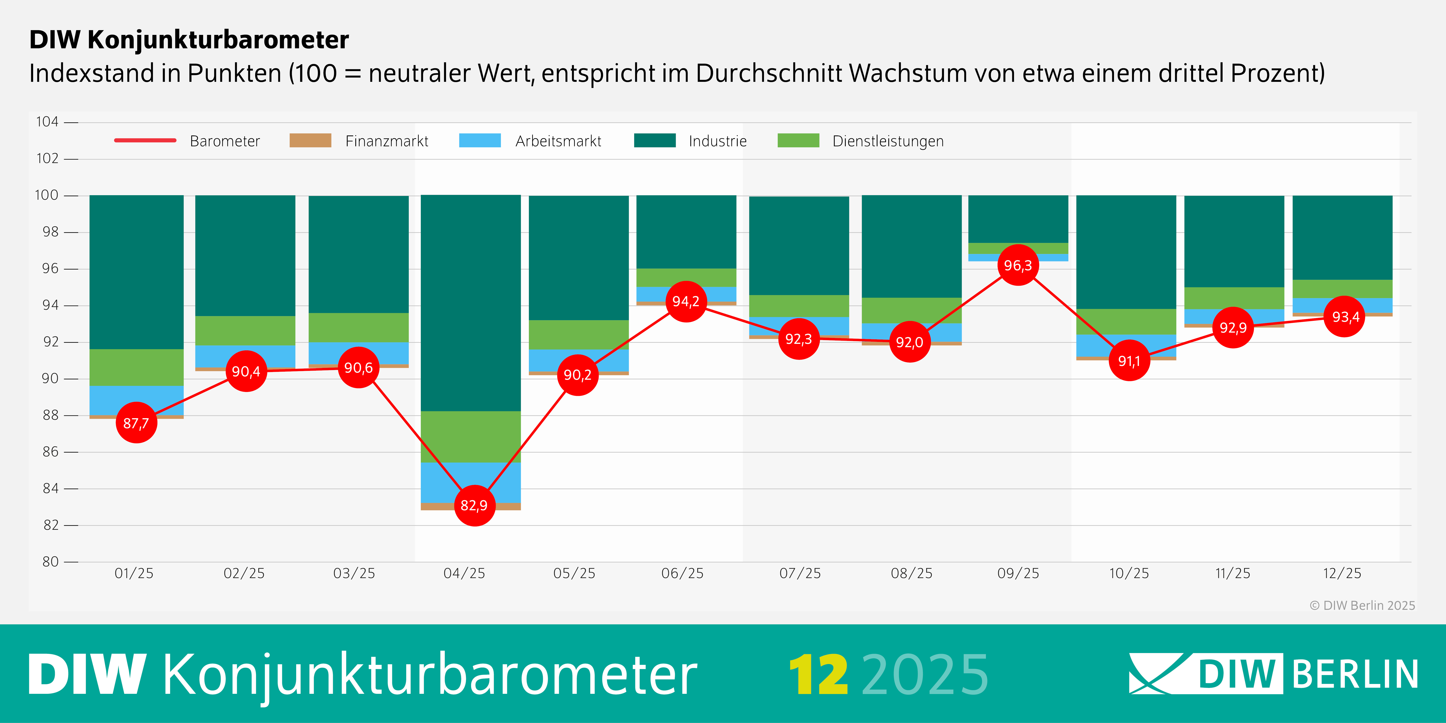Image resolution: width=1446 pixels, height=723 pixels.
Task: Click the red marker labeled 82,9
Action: click(474, 505)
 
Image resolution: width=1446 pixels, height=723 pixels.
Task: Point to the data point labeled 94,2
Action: click(686, 301)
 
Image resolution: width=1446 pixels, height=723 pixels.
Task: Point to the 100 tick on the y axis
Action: click(47, 195)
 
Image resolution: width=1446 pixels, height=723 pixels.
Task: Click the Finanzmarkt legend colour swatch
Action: click(310, 140)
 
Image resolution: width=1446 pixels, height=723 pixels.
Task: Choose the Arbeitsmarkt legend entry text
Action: click(558, 141)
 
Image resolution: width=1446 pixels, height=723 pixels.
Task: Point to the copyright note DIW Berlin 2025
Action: click(1362, 605)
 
